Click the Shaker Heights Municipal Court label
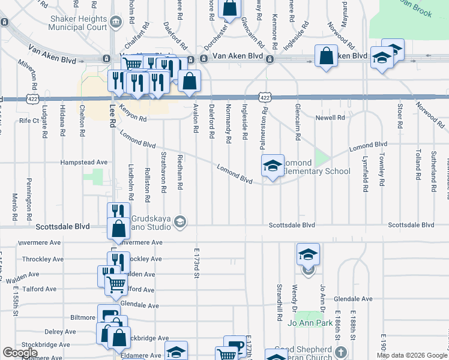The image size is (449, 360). coord(78,22)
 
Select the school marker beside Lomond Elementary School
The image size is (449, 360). coord(272,166)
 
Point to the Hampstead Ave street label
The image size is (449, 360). coord(83,162)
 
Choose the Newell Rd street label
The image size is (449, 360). coord(331,118)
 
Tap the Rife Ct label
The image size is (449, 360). coord(29,121)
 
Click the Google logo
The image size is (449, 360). coord(20,353)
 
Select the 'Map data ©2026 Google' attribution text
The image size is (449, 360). coord(411,355)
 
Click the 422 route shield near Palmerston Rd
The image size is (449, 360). coord(264,97)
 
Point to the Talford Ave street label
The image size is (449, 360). coord(39,289)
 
